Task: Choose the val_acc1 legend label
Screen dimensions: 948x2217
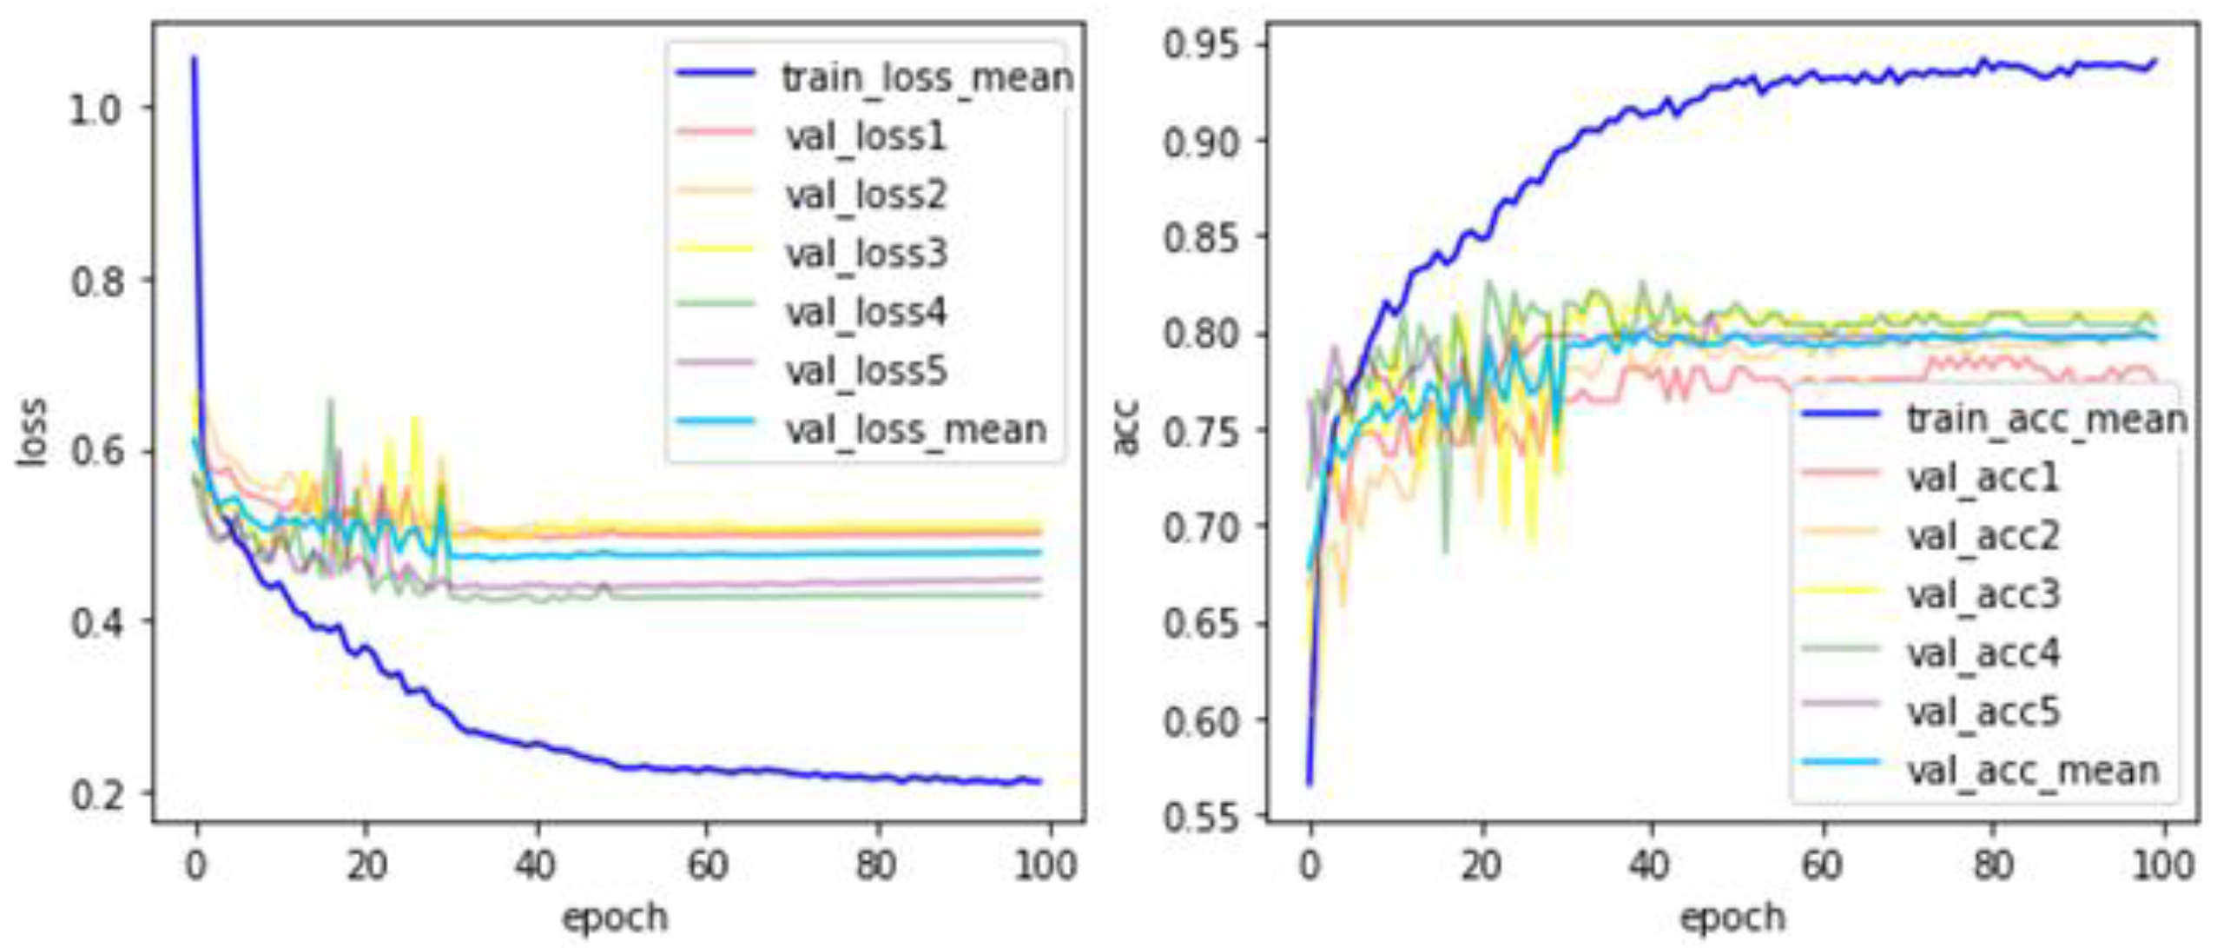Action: coord(1982,477)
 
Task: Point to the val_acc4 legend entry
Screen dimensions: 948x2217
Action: coord(1982,653)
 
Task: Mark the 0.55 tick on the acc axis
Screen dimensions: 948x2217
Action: coord(1202,817)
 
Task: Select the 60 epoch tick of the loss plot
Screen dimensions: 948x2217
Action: coord(707,865)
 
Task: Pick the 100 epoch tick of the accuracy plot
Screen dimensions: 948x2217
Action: coord(2162,865)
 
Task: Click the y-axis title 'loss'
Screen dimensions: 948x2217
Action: coord(33,432)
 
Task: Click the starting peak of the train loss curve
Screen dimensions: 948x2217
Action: coord(195,59)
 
